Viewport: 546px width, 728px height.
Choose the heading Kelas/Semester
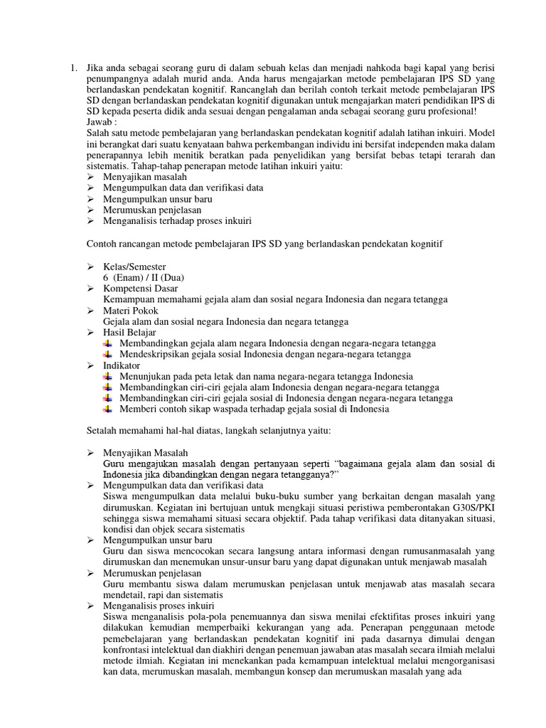134,267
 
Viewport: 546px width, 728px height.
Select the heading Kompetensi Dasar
141,289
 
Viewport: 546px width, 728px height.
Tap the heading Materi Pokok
131,311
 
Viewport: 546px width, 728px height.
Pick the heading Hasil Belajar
129,332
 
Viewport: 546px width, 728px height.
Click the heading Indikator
123,365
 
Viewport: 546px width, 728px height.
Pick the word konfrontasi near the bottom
129,650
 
